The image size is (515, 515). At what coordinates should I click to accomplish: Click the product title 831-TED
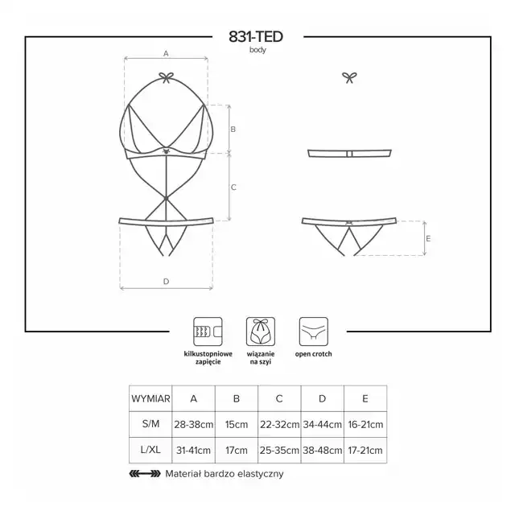pyautogui.click(x=256, y=37)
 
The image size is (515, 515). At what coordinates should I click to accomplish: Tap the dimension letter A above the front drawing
pyautogui.click(x=166, y=54)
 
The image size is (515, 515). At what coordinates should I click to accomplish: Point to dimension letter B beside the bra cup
pyautogui.click(x=233, y=130)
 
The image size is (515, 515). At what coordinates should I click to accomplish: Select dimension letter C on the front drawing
pyautogui.click(x=233, y=187)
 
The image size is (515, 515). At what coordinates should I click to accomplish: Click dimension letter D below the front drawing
pyautogui.click(x=167, y=282)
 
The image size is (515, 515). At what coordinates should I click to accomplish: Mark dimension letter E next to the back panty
pyautogui.click(x=428, y=239)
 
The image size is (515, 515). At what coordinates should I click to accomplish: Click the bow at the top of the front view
pyautogui.click(x=167, y=77)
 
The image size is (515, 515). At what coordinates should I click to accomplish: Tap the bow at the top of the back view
pyautogui.click(x=349, y=77)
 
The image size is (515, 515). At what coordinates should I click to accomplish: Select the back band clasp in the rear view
pyautogui.click(x=349, y=154)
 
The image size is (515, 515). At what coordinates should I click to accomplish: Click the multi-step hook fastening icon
pyautogui.click(x=208, y=332)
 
